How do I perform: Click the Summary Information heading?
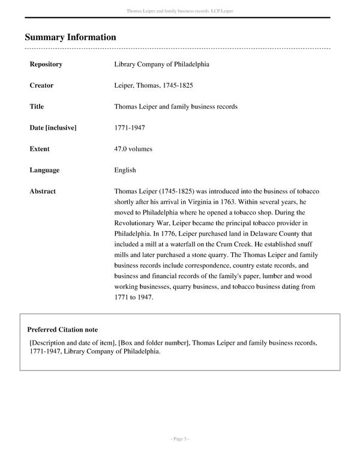[x=70, y=37]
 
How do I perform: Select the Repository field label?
[x=46, y=64]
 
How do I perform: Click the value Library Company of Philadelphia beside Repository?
[x=161, y=64]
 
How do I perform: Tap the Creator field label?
[x=41, y=85]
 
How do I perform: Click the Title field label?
[x=37, y=106]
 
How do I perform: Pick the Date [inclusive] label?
[x=53, y=128]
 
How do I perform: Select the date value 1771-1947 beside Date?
[x=129, y=128]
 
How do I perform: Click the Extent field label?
[x=40, y=149]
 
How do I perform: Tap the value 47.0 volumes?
[x=133, y=149]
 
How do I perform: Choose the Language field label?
[x=44, y=170]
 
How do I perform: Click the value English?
[x=125, y=170]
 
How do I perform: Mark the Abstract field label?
[x=43, y=192]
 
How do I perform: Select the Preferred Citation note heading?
[x=62, y=330]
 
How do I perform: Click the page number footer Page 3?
[x=179, y=439]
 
